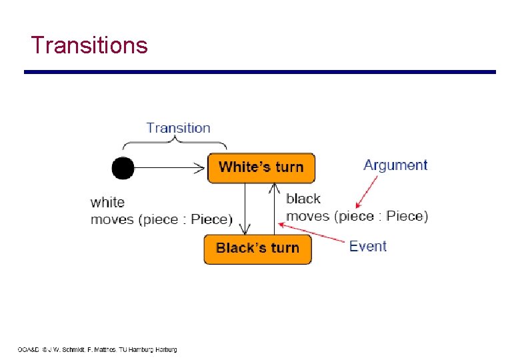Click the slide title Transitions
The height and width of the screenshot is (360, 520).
coord(89,45)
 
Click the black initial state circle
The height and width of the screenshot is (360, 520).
coord(123,167)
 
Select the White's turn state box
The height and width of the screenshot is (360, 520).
coord(261,167)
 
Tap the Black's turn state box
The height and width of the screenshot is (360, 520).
coord(257,249)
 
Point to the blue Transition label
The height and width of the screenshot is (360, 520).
coord(178,128)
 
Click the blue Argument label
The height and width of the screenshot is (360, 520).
coord(395,165)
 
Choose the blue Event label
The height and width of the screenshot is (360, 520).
coord(368,246)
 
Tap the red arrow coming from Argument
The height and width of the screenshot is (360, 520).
coord(366,193)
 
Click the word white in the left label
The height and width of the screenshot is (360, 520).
coord(107,203)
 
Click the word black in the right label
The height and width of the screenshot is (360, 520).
coord(303,199)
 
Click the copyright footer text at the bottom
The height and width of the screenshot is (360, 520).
coord(97,349)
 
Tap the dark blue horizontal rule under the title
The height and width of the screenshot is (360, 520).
coord(260,72)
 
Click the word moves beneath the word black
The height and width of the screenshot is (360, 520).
coord(308,216)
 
